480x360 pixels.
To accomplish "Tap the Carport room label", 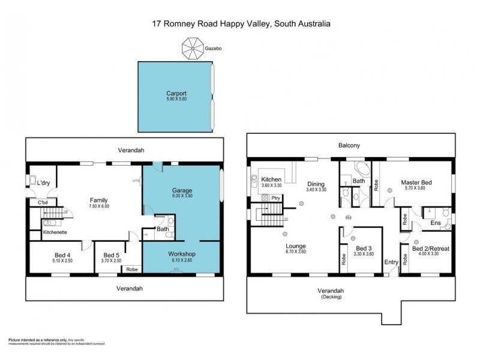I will click(176, 94).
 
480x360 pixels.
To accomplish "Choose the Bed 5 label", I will click(113, 254).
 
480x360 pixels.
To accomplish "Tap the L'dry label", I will click(43, 182).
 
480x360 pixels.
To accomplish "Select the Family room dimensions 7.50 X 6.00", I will click(98, 206).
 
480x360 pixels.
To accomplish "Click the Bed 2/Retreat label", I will click(431, 248).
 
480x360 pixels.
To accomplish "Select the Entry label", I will click(391, 262).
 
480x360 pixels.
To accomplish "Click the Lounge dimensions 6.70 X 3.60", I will click(296, 252).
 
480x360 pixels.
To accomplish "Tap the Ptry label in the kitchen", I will click(275, 197).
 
